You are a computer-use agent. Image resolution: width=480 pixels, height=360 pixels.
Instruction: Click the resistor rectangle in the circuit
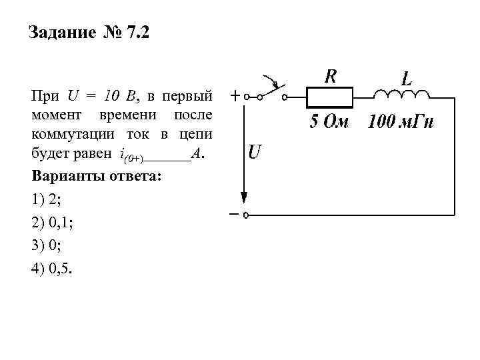(x=329, y=97)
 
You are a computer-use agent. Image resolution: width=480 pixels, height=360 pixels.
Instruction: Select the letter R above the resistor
(x=330, y=76)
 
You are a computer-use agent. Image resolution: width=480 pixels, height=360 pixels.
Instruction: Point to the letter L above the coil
(x=406, y=78)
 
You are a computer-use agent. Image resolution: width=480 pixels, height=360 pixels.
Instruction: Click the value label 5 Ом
(x=328, y=123)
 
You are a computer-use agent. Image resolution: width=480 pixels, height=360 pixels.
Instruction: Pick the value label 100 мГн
(x=401, y=123)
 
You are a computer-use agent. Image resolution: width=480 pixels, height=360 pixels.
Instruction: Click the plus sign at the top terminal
(x=235, y=96)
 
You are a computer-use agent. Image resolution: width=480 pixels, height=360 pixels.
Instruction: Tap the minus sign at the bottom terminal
(x=235, y=215)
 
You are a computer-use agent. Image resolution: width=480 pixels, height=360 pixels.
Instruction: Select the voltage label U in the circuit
(x=254, y=153)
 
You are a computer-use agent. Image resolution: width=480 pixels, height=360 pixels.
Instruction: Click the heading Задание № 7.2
(x=90, y=33)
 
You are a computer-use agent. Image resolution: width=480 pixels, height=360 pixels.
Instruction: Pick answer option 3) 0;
(x=46, y=247)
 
